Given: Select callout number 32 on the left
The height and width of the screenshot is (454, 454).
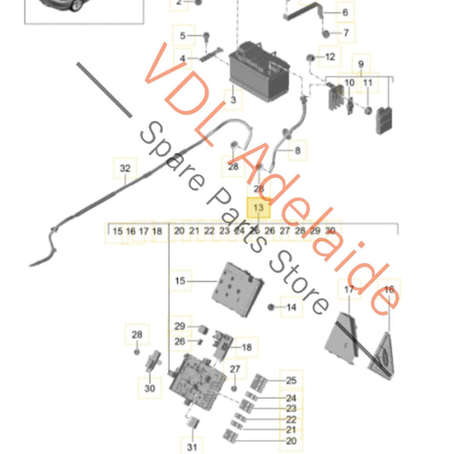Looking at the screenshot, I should pos(124,169).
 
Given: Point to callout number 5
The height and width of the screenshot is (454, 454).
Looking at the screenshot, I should pos(181,35).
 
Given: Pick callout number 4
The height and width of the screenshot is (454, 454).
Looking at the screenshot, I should pos(181,58).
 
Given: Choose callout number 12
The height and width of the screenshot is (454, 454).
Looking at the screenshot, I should pos(331,57).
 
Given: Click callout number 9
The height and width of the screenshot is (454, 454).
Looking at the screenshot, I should pos(360,65).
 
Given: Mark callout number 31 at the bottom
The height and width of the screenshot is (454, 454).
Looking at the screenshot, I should pos(191,446).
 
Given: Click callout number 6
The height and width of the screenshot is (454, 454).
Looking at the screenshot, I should pos(346,13).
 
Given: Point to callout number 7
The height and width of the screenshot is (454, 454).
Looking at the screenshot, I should pos(346,34).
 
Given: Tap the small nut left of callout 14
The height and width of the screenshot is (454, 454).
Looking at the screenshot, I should pos(272,307).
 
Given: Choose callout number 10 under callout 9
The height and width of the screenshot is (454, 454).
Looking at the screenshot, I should pos(349,83).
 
